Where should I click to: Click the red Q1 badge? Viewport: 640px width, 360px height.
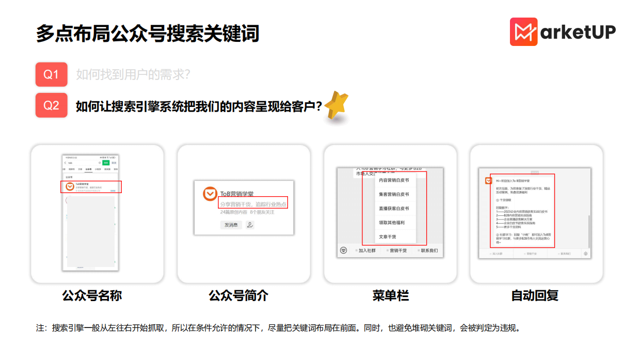pos(51,74)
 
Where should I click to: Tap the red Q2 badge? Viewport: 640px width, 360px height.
pos(51,105)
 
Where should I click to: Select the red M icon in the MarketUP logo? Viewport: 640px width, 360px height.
pos(523,32)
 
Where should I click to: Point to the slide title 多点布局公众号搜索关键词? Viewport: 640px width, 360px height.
pos(147,34)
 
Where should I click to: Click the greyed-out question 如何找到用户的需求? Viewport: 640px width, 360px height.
pos(133,75)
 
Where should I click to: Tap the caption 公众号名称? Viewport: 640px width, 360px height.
pos(92,296)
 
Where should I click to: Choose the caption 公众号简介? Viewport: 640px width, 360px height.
pos(238,296)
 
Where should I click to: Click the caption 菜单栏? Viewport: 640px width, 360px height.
pos(390,296)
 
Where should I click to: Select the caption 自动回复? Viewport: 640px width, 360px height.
pos(535,296)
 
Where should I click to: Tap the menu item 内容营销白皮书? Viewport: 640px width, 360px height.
pos(394,180)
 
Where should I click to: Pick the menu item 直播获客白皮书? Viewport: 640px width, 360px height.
pos(394,209)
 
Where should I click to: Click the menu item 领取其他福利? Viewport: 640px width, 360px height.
pos(392,223)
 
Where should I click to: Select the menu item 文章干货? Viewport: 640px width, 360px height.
pos(388,237)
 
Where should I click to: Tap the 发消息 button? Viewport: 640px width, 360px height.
pos(230,225)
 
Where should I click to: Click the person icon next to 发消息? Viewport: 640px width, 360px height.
pos(250,225)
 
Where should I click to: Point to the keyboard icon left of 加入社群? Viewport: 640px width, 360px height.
pos(344,251)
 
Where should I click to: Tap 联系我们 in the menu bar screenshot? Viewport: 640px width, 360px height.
pos(429,251)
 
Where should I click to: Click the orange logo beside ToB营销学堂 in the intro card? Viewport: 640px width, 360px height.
pos(210,194)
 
